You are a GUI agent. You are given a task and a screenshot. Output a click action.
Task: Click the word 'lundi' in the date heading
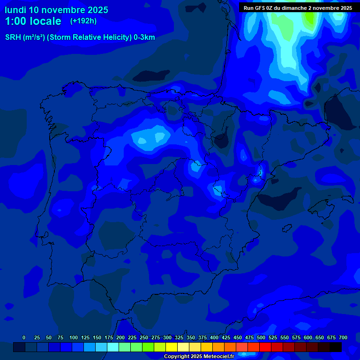(15, 10)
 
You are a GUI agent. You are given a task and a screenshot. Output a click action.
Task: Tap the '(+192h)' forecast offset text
(83, 21)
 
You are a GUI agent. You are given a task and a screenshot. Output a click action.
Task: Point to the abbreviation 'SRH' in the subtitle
(13, 37)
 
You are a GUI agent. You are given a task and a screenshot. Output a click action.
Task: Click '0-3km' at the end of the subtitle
(144, 37)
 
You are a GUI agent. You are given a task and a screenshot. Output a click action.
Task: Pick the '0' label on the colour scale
(24, 337)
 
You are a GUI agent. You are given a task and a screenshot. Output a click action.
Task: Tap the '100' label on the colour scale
(74, 337)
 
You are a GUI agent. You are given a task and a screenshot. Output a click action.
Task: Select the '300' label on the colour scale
(167, 337)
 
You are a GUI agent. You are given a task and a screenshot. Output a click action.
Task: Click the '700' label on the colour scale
(343, 337)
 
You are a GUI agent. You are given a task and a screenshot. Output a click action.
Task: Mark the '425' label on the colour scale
(226, 337)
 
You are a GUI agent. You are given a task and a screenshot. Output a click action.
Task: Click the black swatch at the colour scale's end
(336, 347)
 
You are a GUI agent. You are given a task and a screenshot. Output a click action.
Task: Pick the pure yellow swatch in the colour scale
(172, 347)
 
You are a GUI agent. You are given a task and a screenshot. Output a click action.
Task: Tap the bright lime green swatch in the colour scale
(148, 347)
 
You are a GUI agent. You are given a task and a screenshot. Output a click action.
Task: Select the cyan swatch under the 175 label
(113, 347)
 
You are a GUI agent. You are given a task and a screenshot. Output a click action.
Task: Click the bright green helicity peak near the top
(309, 18)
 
